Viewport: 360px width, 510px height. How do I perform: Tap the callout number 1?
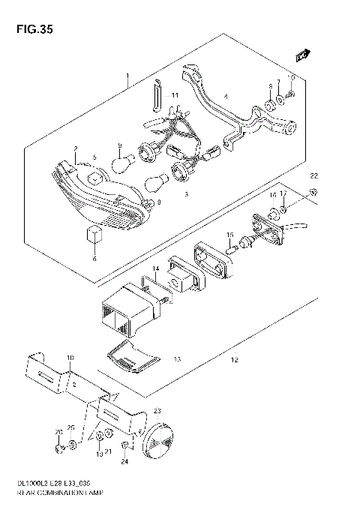128,77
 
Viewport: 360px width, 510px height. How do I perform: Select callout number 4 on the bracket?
225,96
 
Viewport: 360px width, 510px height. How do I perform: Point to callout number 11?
175,96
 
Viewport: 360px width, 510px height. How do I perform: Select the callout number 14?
155,268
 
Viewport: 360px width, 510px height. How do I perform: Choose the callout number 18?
70,358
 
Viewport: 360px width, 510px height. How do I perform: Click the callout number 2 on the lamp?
75,148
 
